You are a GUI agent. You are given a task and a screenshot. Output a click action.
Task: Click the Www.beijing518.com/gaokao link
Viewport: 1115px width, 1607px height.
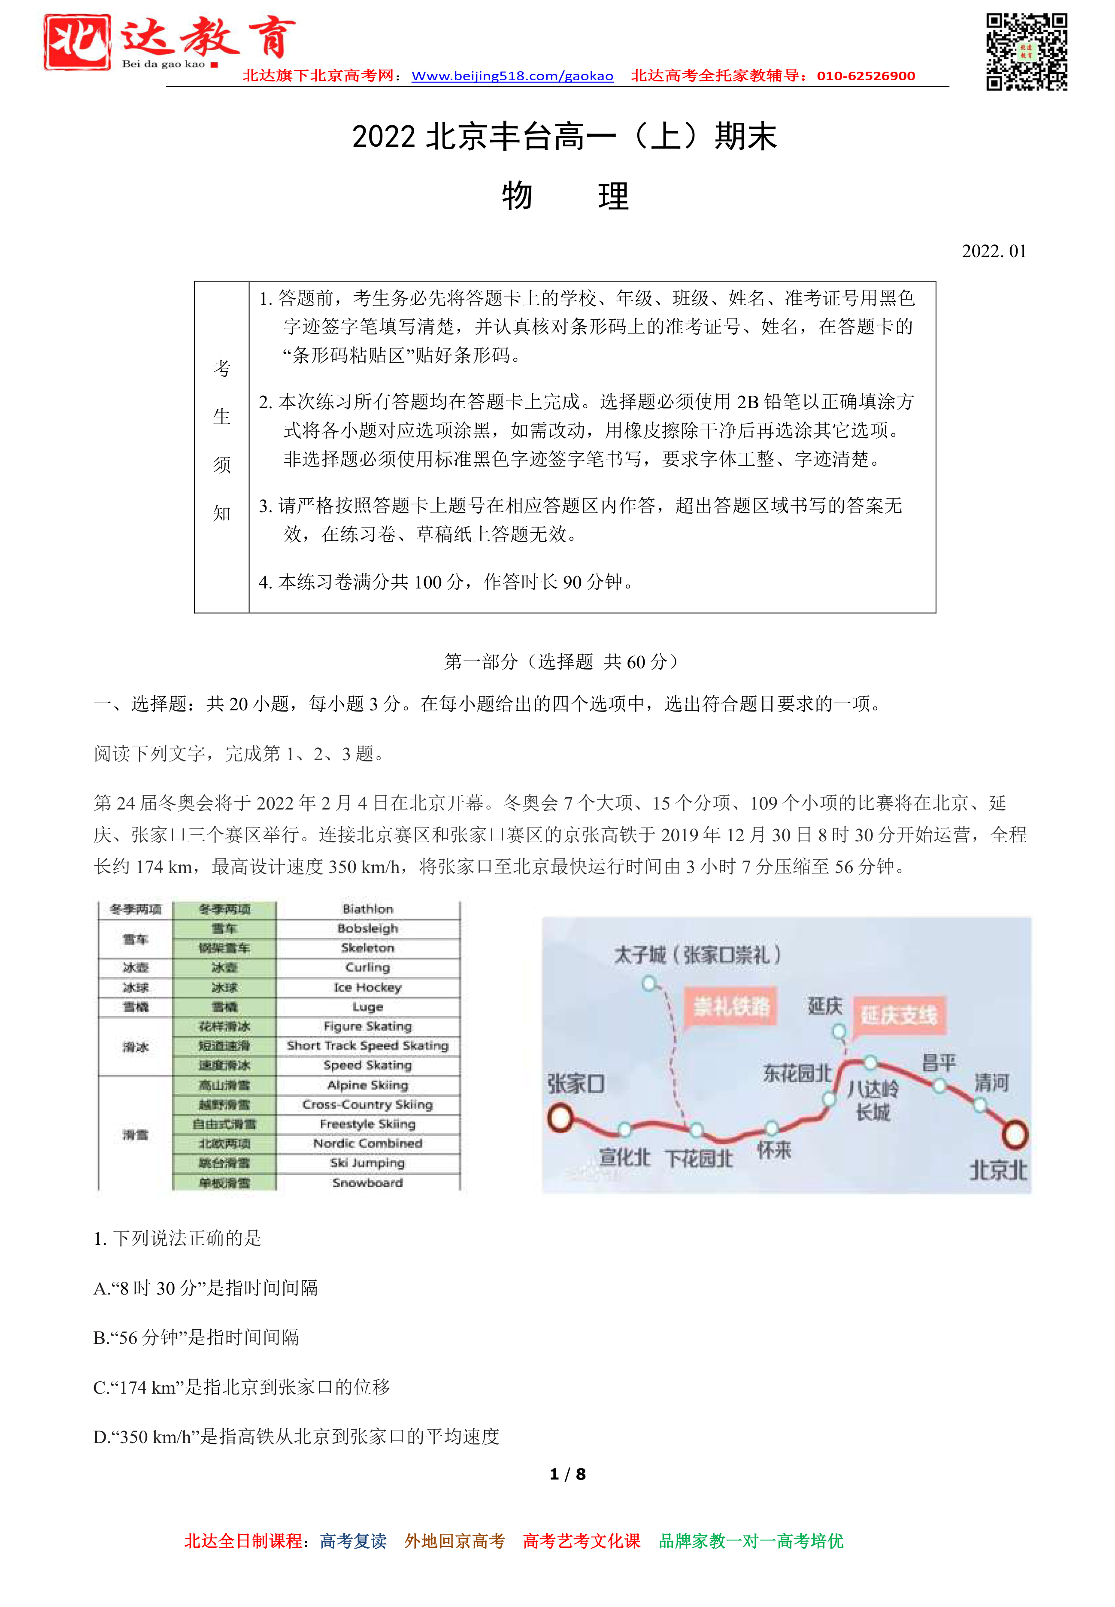(x=512, y=76)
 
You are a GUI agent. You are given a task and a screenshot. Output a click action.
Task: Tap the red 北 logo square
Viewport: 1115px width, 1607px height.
(x=77, y=42)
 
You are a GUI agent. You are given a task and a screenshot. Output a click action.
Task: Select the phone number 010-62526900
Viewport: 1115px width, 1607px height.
(x=866, y=76)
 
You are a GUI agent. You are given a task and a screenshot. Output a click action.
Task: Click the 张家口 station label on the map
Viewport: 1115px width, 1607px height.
(x=576, y=1084)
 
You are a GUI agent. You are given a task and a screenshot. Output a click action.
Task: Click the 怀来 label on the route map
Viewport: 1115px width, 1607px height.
(x=774, y=1150)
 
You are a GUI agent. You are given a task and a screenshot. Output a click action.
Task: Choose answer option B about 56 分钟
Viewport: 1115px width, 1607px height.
(x=196, y=1337)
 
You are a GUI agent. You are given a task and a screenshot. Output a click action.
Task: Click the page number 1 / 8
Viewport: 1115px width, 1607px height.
(x=567, y=1474)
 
